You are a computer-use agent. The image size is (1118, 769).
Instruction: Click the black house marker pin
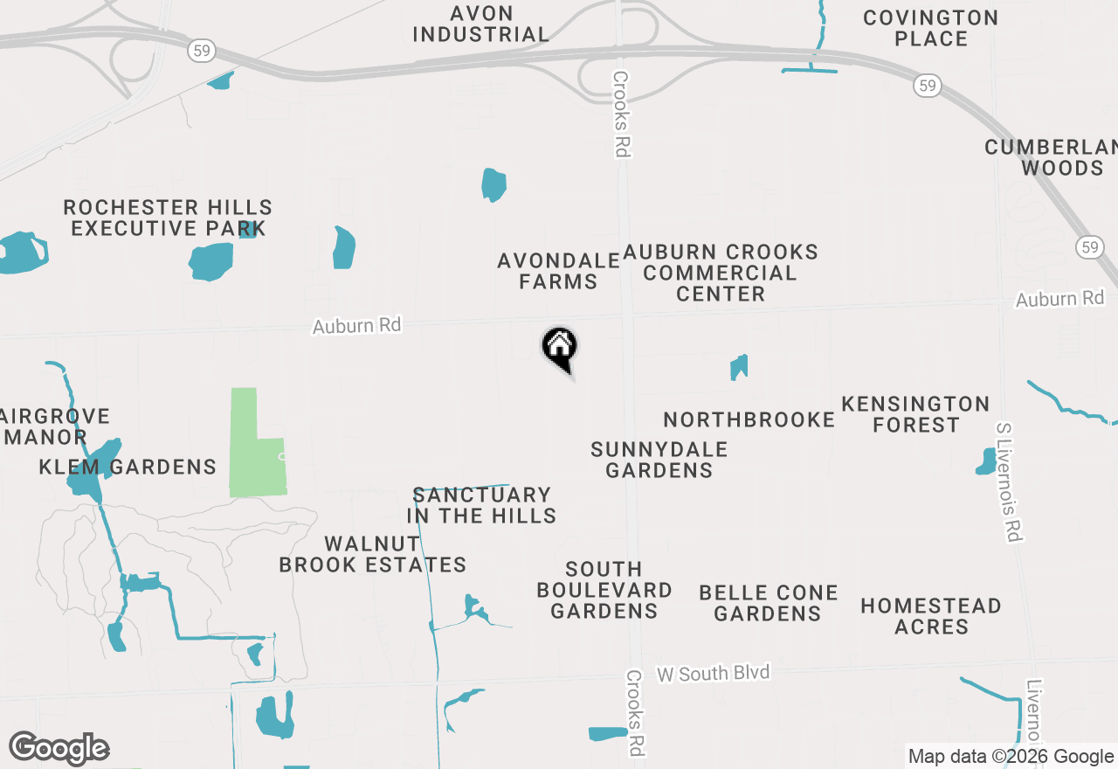(x=560, y=347)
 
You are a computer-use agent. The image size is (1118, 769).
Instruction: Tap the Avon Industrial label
(x=480, y=24)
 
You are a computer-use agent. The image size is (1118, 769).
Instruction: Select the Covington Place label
(x=930, y=28)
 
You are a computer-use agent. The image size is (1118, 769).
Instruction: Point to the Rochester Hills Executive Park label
(x=168, y=218)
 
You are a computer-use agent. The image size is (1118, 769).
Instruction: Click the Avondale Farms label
(x=559, y=271)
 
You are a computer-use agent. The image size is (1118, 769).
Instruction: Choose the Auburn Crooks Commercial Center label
(x=721, y=273)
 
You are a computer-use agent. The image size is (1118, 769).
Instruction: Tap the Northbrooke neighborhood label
(x=749, y=419)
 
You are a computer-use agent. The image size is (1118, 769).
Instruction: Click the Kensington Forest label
(x=915, y=414)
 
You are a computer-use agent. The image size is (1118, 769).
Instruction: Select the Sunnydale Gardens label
(x=659, y=460)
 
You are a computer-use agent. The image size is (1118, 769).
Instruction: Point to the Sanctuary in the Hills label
(x=481, y=505)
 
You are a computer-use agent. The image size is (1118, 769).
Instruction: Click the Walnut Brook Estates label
(x=373, y=554)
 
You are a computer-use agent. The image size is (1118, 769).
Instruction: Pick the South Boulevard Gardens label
(x=604, y=590)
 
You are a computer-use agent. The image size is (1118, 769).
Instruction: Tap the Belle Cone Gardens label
(x=769, y=603)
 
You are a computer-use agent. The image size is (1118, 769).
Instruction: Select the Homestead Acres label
(x=931, y=616)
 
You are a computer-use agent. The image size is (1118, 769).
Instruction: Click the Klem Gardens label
(x=128, y=467)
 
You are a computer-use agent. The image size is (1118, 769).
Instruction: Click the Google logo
(x=59, y=748)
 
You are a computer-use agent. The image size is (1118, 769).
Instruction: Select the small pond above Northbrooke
(x=739, y=367)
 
